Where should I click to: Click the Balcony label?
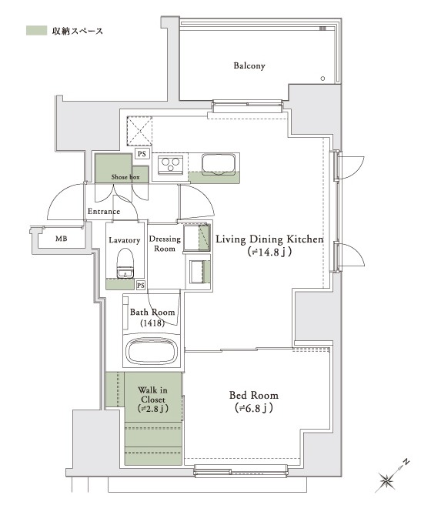pyautogui.click(x=249, y=65)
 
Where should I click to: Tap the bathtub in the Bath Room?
pyautogui.click(x=152, y=351)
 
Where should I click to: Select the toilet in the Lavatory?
pyautogui.click(x=125, y=263)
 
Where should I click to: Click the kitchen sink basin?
pyautogui.click(x=219, y=164)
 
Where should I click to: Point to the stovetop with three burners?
pyautogui.click(x=170, y=165)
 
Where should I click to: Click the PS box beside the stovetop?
pyautogui.click(x=142, y=154)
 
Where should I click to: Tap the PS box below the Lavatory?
pyautogui.click(x=140, y=286)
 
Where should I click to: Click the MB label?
pyautogui.click(x=62, y=239)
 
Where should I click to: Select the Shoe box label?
pyautogui.click(x=125, y=177)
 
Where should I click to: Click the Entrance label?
pyautogui.click(x=104, y=211)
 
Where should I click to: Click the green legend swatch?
pyautogui.click(x=36, y=31)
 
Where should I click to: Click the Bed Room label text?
pyautogui.click(x=254, y=395)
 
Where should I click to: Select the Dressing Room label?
pyautogui.click(x=165, y=243)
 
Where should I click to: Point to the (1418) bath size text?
pyautogui.click(x=152, y=323)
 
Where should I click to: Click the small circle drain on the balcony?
pyautogui.click(x=322, y=79)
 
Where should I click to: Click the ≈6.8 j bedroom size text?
pyautogui.click(x=254, y=408)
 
